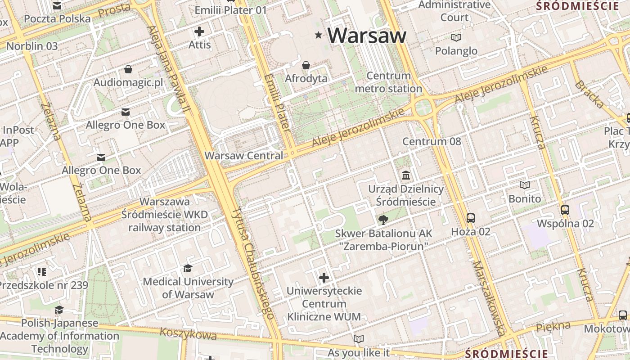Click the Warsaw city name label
tap(367, 35)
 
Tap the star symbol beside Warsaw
tap(319, 35)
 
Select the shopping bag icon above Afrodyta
tap(306, 66)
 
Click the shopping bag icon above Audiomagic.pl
tap(128, 69)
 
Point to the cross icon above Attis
tap(199, 31)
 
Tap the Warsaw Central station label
tap(244, 156)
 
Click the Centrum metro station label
tap(388, 82)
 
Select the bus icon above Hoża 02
tap(471, 218)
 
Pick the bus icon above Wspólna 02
tap(565, 210)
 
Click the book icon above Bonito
tap(525, 185)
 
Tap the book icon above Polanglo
tap(456, 37)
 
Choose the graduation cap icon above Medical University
tap(188, 269)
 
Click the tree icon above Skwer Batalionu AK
tap(383, 220)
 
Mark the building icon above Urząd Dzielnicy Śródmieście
tap(406, 175)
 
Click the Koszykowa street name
tap(188, 333)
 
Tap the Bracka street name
tap(589, 94)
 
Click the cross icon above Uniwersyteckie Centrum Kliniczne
tap(324, 278)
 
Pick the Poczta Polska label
tap(57, 19)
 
